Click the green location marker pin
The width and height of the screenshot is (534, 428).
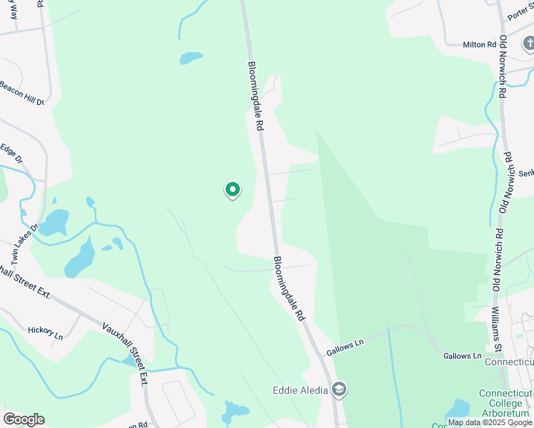tap(232, 190)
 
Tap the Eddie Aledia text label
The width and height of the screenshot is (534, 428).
tap(300, 389)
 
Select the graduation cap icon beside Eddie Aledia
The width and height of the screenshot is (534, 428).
tap(340, 389)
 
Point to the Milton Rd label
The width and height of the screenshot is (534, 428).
tap(479, 44)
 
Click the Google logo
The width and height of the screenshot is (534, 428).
tap(24, 419)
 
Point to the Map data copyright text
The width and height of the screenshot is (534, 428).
tap(489, 423)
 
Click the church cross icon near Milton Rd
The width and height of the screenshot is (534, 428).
tap(529, 45)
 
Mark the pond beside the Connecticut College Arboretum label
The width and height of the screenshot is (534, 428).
tap(457, 408)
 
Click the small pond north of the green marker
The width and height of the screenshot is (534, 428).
tap(191, 58)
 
